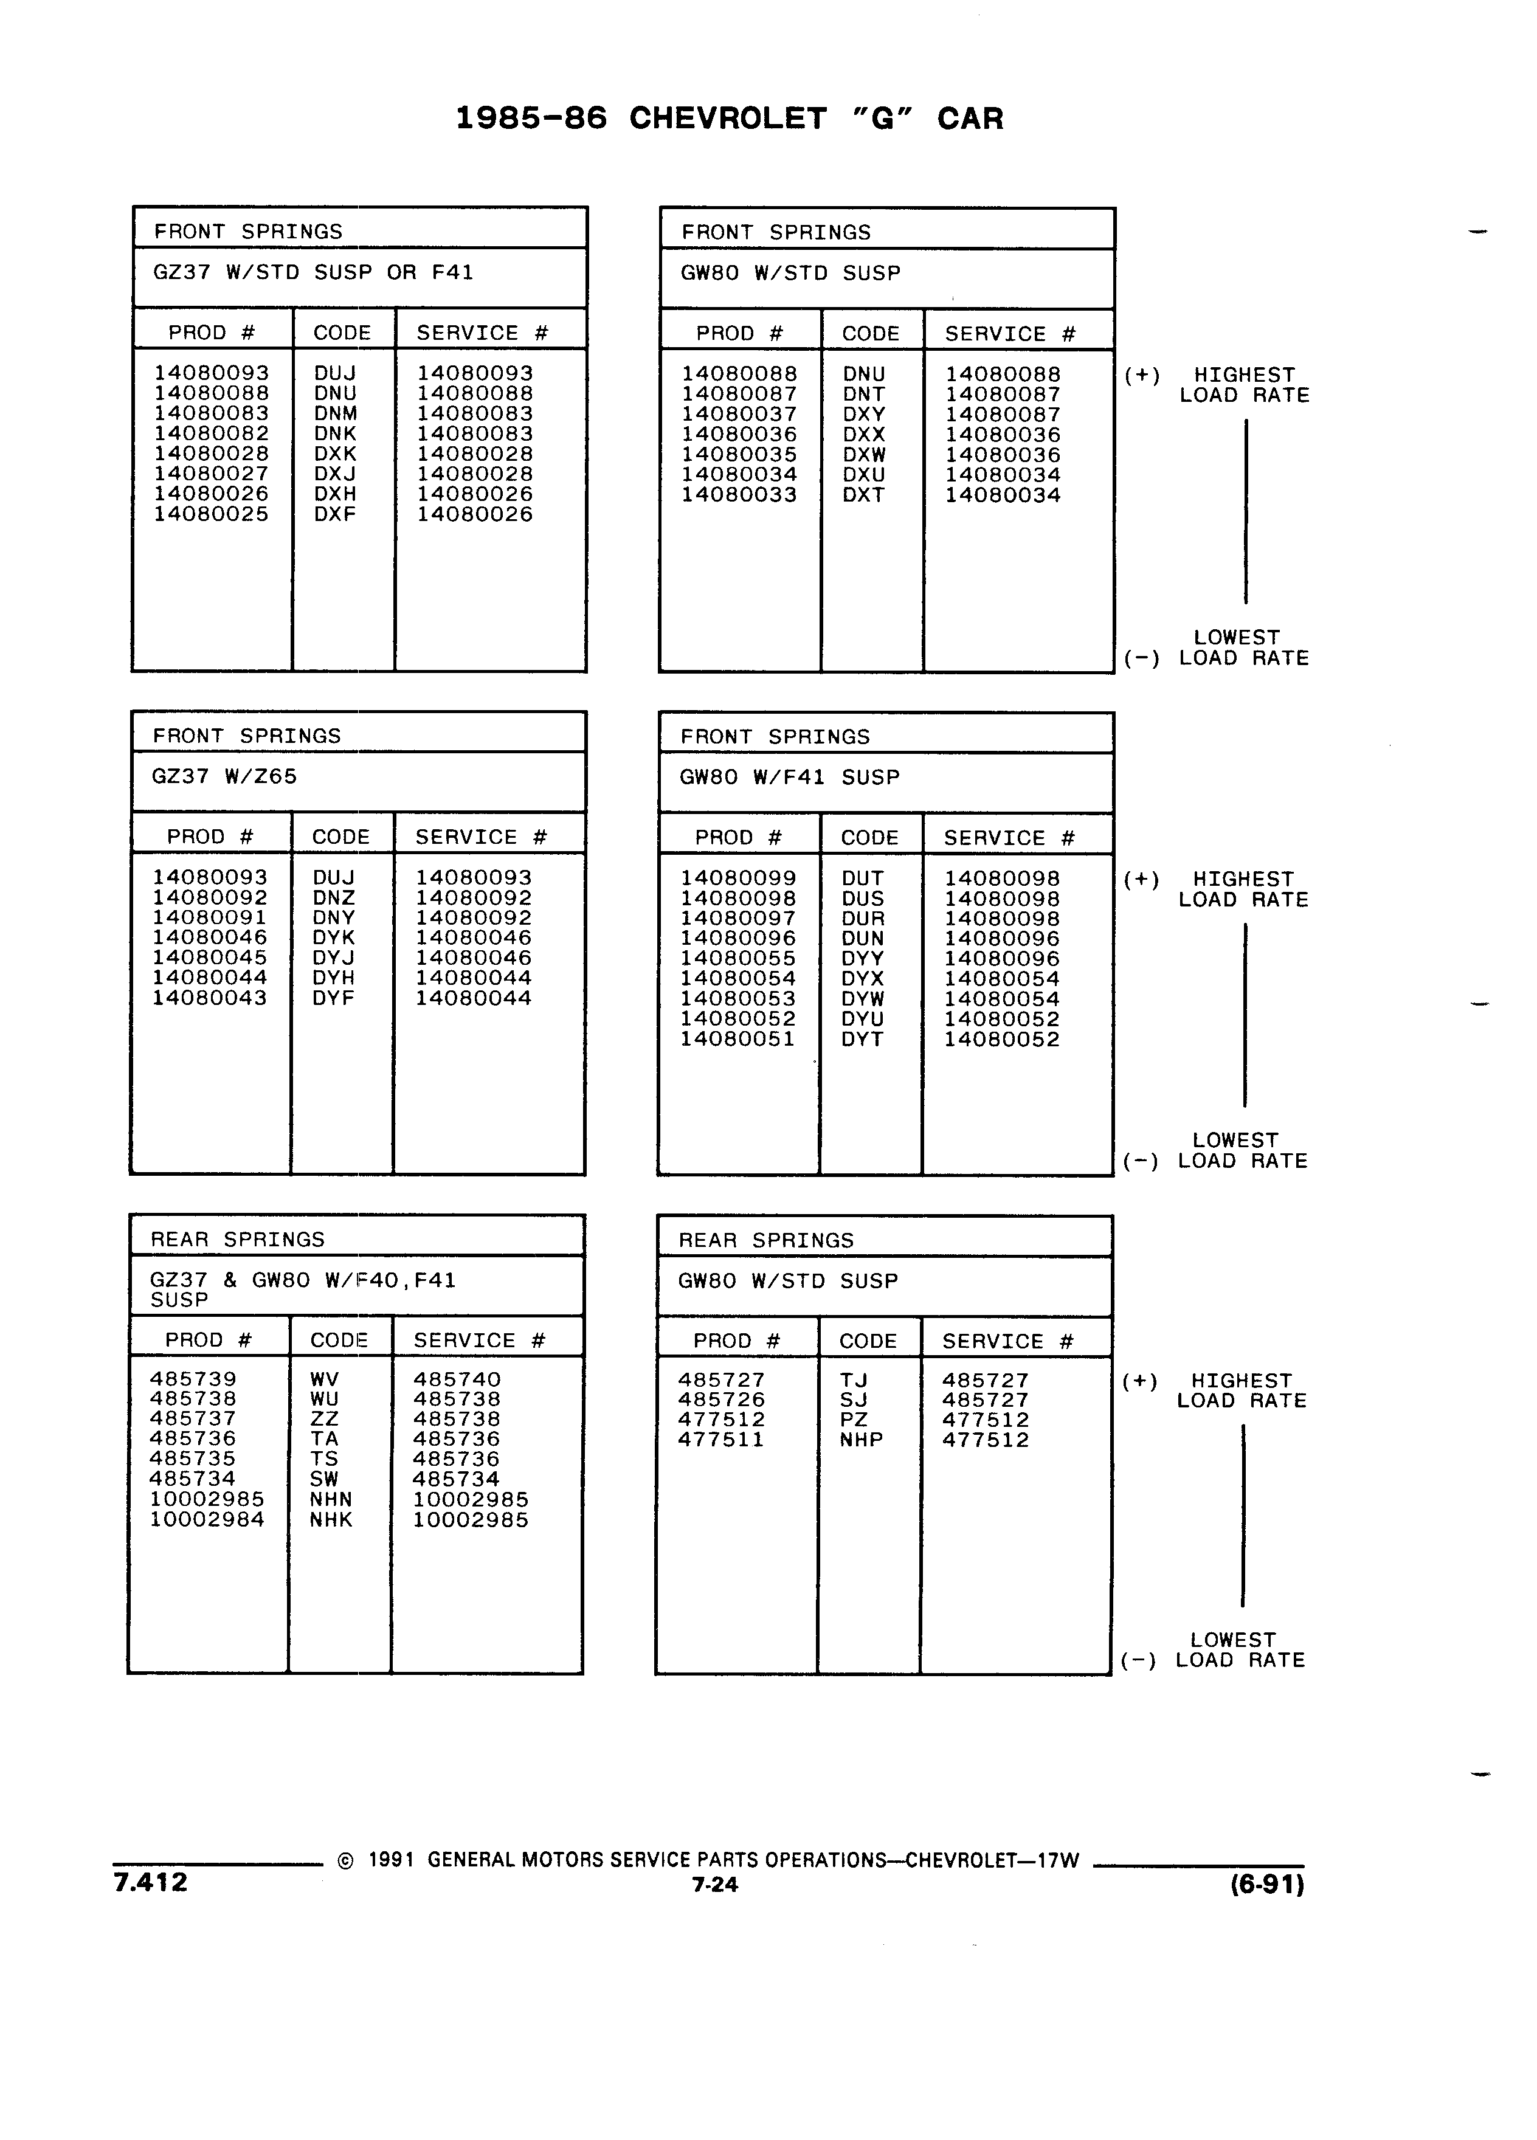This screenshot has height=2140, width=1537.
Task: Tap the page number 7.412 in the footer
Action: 151,1882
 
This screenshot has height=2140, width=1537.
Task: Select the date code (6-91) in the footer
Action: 1268,1884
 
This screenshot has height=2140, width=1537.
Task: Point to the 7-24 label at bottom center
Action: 715,1884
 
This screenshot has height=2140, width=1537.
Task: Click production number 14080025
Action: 212,514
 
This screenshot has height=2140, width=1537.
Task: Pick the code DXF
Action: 335,514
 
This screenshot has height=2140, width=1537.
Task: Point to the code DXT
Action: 863,494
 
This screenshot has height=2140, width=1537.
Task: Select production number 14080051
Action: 738,1039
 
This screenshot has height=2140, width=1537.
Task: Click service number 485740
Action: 457,1379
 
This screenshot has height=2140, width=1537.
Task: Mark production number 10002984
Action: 207,1519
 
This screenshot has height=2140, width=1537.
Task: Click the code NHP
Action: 862,1440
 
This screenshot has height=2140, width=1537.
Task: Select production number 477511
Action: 721,1440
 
